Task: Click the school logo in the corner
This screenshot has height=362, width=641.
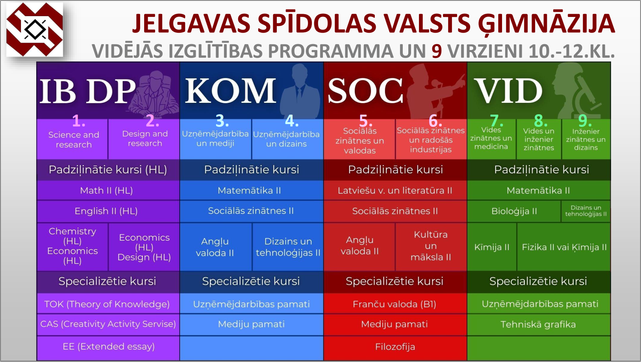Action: pyautogui.click(x=34, y=29)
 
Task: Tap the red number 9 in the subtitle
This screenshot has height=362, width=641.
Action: pyautogui.click(x=436, y=51)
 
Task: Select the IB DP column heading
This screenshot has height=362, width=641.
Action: pyautogui.click(x=87, y=91)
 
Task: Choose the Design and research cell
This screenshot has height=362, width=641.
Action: pyautogui.click(x=144, y=139)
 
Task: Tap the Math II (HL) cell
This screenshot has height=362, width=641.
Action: pyautogui.click(x=108, y=190)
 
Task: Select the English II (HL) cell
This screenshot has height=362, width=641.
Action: pyautogui.click(x=108, y=211)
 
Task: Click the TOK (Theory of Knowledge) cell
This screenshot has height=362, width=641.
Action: pyautogui.click(x=108, y=304)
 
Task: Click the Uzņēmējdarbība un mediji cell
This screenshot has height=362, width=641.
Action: pyautogui.click(x=215, y=139)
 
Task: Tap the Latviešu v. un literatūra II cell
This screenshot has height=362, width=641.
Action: pyautogui.click(x=395, y=190)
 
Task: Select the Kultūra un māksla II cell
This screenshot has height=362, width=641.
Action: pyautogui.click(x=431, y=246)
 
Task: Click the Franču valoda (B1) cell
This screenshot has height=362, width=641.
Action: pyautogui.click(x=395, y=304)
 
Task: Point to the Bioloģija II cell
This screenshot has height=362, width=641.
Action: pyautogui.click(x=514, y=211)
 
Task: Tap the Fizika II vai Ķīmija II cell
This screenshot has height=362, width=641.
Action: pyautogui.click(x=564, y=247)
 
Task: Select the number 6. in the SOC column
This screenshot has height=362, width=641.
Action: pyautogui.click(x=435, y=121)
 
